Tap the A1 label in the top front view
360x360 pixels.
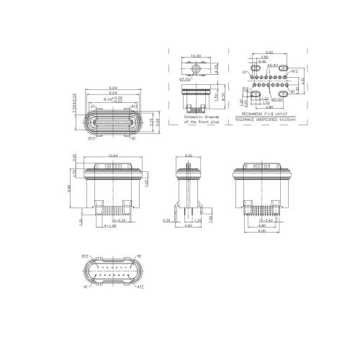pos(93,107)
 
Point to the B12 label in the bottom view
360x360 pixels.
pos(85,256)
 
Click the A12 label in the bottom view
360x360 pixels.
pos(140,287)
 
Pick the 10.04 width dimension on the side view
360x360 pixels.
pos(113,156)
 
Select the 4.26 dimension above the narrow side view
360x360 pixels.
pos(189,156)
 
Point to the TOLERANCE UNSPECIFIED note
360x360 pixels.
pos(266,119)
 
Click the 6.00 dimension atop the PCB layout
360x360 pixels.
pos(269,53)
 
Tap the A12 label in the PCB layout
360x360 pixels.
pos(294,72)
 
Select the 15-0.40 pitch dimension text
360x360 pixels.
pos(264,220)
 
